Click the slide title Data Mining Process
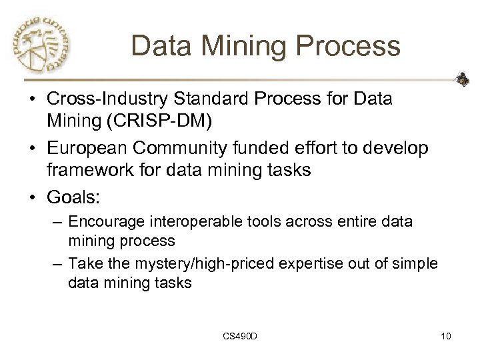(x=265, y=46)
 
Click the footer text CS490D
(x=239, y=335)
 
